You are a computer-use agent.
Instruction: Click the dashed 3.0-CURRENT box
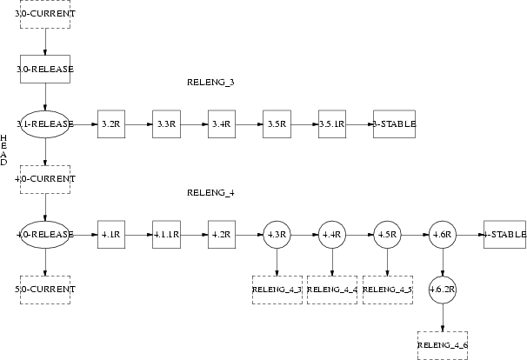[44, 15]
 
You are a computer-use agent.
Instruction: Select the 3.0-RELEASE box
[44, 69]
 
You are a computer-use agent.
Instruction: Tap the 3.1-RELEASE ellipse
[44, 124]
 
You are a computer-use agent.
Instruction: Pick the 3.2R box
[110, 124]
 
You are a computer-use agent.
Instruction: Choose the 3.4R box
[221, 124]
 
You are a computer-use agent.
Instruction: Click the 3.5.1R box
[331, 124]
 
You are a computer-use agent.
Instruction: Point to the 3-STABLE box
[393, 124]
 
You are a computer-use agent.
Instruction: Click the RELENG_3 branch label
[210, 83]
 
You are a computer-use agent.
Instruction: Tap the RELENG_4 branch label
[210, 192]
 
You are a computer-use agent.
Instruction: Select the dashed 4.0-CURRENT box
[44, 179]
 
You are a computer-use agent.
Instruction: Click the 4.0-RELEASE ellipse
[44, 235]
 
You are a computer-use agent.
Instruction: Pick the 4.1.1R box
[165, 235]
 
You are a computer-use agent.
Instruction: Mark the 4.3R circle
[277, 235]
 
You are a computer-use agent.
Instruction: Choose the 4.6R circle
[442, 235]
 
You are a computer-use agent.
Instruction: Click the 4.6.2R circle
[443, 289]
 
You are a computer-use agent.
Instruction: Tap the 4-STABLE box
[504, 235]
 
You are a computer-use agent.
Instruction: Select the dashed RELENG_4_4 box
[331, 289]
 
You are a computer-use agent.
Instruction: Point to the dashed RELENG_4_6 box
[443, 345]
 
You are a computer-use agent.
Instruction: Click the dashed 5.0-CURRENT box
[44, 289]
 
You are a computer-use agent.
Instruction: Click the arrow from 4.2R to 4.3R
[248, 235]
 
